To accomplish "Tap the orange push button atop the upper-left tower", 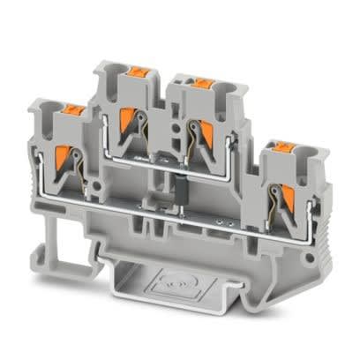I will (x=138, y=71).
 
